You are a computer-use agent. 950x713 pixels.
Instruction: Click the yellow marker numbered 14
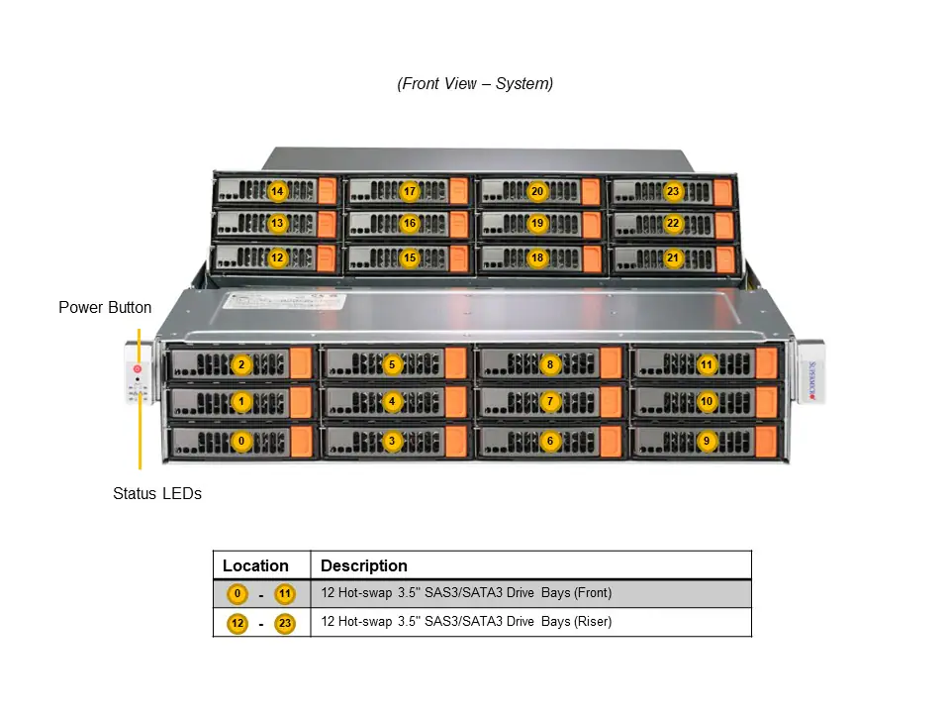pyautogui.click(x=277, y=191)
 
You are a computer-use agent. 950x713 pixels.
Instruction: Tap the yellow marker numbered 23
pyautogui.click(x=673, y=191)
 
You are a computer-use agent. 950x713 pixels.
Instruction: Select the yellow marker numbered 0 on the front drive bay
pyautogui.click(x=239, y=441)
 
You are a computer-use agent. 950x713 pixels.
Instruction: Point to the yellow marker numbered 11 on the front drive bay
pyautogui.click(x=706, y=364)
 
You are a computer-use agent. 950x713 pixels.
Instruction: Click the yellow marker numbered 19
pyautogui.click(x=537, y=224)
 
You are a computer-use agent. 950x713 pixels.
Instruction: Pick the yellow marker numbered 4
pyautogui.click(x=392, y=402)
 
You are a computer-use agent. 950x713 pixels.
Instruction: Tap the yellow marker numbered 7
pyautogui.click(x=551, y=402)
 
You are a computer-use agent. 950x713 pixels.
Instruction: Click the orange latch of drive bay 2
pyautogui.click(x=302, y=363)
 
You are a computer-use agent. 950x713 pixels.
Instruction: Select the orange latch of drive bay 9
pyautogui.click(x=766, y=441)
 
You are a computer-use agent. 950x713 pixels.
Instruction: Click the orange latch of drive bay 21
pyautogui.click(x=723, y=258)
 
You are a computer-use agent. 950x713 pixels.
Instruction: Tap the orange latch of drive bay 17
pyautogui.click(x=458, y=190)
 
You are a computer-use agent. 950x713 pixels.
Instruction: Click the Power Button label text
pyautogui.click(x=105, y=307)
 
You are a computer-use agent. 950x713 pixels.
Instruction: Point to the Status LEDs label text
pyautogui.click(x=156, y=493)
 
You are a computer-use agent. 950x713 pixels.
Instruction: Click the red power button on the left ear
pyautogui.click(x=137, y=369)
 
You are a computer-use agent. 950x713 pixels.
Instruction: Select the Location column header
pyautogui.click(x=255, y=566)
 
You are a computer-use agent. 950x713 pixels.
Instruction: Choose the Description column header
pyautogui.click(x=364, y=566)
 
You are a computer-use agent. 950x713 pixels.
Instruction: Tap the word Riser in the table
pyautogui.click(x=592, y=622)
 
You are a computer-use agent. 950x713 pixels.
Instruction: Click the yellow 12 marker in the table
pyautogui.click(x=237, y=623)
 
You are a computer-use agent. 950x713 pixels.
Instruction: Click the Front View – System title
pyautogui.click(x=475, y=83)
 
